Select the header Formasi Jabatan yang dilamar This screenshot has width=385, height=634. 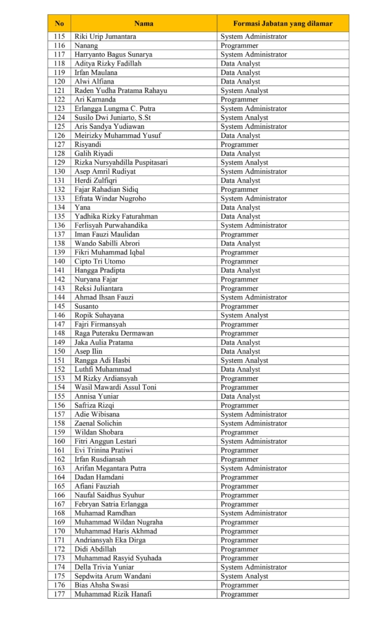[282, 24]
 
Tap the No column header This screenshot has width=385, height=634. [59, 24]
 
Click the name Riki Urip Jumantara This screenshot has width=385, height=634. [105, 37]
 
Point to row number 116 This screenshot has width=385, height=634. [59, 46]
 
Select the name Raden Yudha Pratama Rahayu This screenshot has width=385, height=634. [121, 90]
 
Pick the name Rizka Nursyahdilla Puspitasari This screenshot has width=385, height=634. [121, 162]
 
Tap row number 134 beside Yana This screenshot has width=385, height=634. [59, 207]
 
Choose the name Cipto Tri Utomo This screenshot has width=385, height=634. [100, 261]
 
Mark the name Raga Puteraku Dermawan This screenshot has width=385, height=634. [114, 333]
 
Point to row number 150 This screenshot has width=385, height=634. [59, 351]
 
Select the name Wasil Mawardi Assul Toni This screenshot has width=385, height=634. [115, 387]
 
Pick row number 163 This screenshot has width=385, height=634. [59, 468]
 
